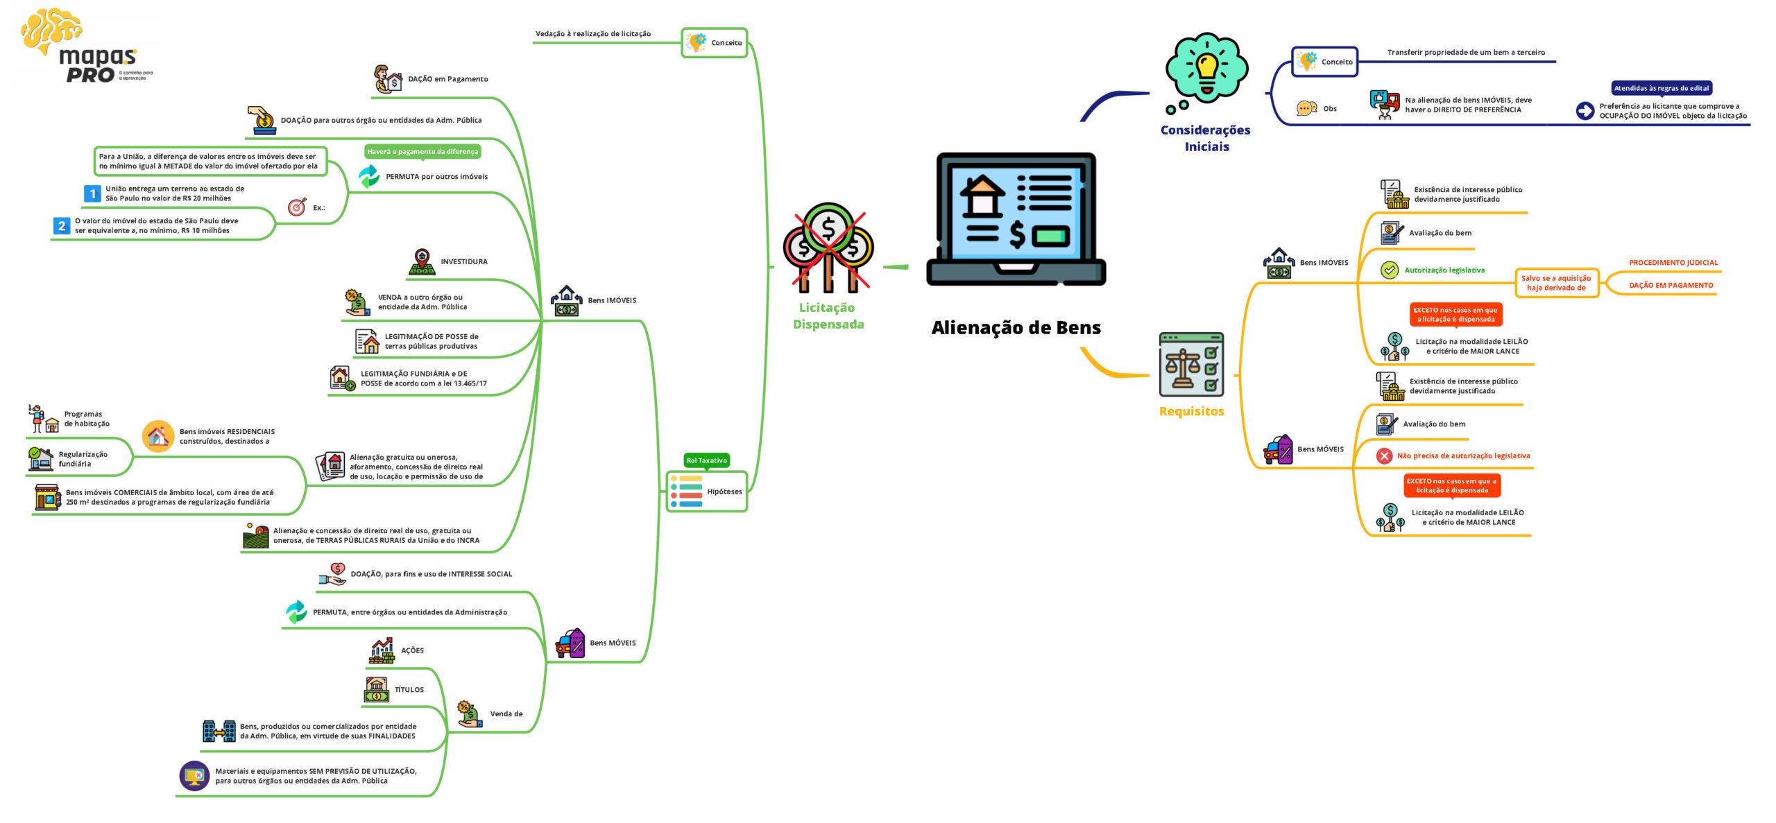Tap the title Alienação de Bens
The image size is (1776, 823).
(x=1016, y=328)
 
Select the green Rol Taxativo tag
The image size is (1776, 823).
(x=706, y=460)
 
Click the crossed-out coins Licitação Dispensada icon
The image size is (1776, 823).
(x=828, y=248)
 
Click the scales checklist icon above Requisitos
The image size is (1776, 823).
(x=1191, y=365)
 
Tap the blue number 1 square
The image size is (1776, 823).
(x=92, y=194)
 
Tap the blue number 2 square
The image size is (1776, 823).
(x=62, y=226)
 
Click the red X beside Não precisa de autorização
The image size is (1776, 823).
(x=1384, y=456)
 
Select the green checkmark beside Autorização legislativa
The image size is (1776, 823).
(x=1389, y=270)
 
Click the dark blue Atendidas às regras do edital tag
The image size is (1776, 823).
(x=1661, y=88)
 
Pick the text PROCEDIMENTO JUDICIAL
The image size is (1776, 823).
(x=1673, y=263)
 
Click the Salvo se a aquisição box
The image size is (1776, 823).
(x=1556, y=283)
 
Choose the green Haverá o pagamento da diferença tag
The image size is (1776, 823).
(x=422, y=152)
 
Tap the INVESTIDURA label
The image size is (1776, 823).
(x=463, y=261)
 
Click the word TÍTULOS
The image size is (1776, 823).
(x=409, y=690)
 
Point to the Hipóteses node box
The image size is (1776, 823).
(x=706, y=492)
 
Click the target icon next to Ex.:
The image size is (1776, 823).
(x=297, y=207)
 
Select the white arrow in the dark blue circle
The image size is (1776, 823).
(x=1585, y=111)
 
